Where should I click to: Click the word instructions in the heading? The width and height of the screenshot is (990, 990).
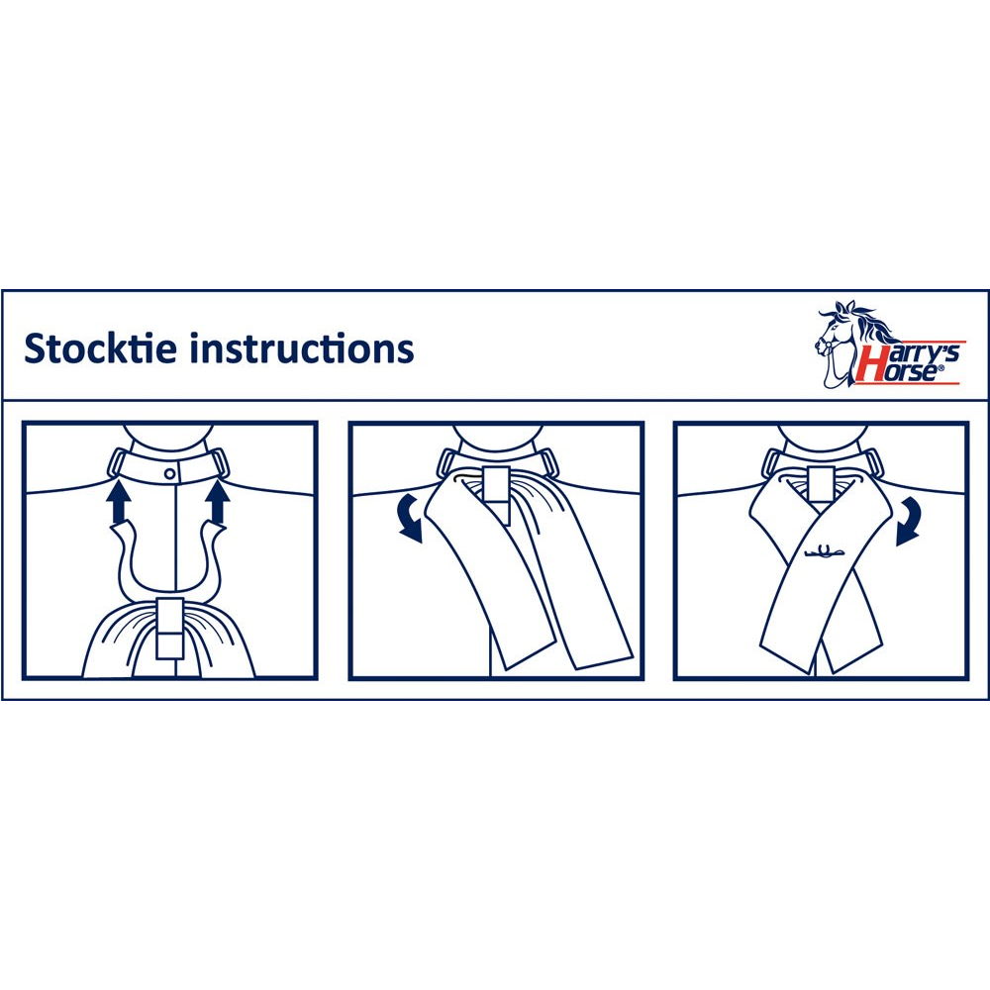coord(302,348)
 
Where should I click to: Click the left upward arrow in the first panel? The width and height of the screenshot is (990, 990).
coord(119,501)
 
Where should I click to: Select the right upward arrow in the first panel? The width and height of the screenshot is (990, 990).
coord(218,501)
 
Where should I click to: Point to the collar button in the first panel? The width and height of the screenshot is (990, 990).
coord(170,473)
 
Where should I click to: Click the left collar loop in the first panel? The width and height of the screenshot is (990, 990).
coord(119,463)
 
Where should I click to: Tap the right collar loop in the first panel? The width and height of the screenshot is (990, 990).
coord(218,463)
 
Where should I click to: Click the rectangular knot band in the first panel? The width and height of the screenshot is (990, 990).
coord(169,628)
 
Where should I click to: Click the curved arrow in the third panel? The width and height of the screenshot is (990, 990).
coord(909,521)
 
